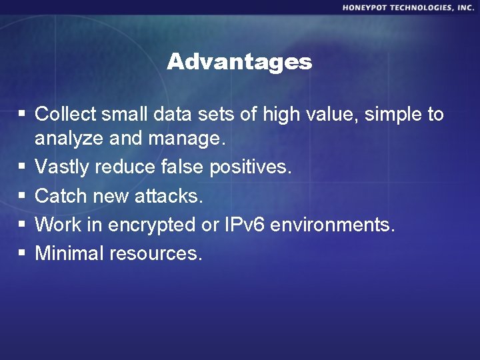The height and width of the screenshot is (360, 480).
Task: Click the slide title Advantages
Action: coord(239,62)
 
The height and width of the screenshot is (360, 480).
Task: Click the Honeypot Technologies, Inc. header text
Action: coord(409,7)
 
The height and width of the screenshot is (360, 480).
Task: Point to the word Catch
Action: coord(59,196)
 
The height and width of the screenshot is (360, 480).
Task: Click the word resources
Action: coord(157,254)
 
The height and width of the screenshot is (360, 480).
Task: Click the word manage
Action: coord(190,140)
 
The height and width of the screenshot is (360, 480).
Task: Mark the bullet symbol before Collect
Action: coord(21,115)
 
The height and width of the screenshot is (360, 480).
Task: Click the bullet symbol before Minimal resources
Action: coord(21,254)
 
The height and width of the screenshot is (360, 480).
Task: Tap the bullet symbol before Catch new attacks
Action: coord(21,197)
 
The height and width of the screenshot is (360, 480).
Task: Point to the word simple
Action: coord(383,115)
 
